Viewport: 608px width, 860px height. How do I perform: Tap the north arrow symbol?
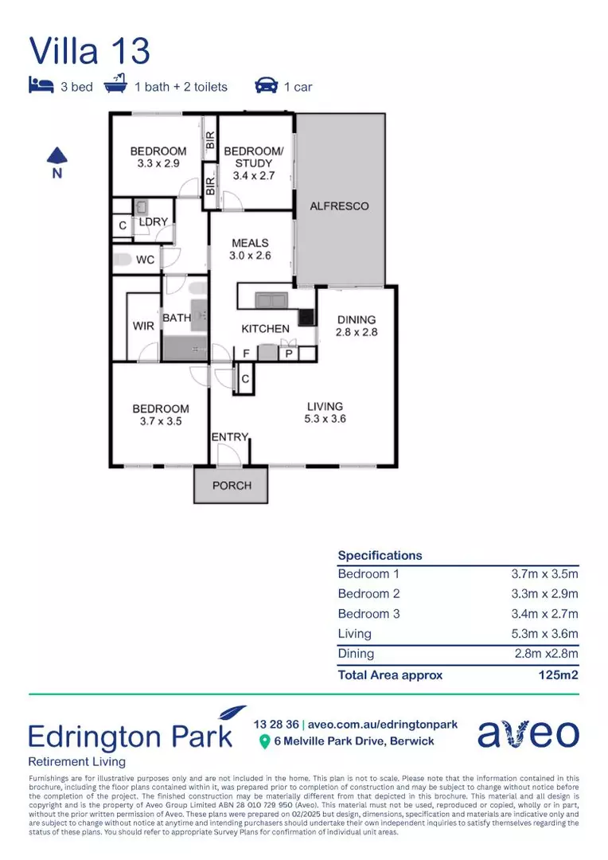(57, 155)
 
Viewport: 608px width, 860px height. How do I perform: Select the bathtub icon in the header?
(116, 84)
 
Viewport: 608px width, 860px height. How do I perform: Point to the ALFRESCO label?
(339, 206)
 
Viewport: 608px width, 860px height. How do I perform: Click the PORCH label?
(232, 485)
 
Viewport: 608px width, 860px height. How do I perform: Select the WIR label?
(143, 326)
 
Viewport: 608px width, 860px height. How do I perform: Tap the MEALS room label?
(250, 243)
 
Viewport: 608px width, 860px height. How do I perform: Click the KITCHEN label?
(265, 328)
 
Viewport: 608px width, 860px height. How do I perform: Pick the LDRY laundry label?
(153, 222)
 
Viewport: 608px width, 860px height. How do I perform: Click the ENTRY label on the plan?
(229, 437)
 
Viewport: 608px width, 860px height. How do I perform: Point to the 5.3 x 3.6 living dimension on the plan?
(325, 419)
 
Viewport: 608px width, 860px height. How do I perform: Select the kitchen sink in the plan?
(271, 299)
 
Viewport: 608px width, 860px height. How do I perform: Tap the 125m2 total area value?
(558, 674)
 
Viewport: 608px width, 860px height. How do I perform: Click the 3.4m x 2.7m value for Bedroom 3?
(544, 614)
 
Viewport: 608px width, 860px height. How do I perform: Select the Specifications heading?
(380, 555)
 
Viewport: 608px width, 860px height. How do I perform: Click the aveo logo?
(528, 733)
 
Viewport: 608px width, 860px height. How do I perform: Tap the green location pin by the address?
(264, 742)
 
